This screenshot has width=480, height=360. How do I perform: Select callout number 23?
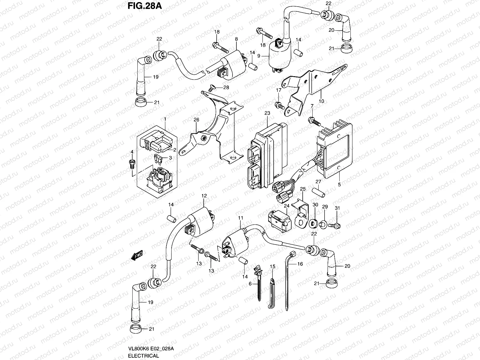pyautogui.click(x=267, y=113)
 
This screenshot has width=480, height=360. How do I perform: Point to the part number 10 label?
pyautogui.click(x=321, y=101)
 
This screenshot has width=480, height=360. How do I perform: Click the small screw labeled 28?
pyautogui.click(x=212, y=87)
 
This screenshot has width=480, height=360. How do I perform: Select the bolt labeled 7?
pyautogui.click(x=313, y=121)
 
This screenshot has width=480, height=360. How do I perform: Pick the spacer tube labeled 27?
pyautogui.click(x=318, y=192)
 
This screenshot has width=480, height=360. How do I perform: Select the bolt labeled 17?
pyautogui.click(x=279, y=105)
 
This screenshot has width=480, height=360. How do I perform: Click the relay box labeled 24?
pyautogui.click(x=279, y=220)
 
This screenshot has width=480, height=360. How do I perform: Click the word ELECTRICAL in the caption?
pyautogui.click(x=143, y=356)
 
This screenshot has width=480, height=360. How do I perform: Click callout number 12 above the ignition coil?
pyautogui.click(x=204, y=196)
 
